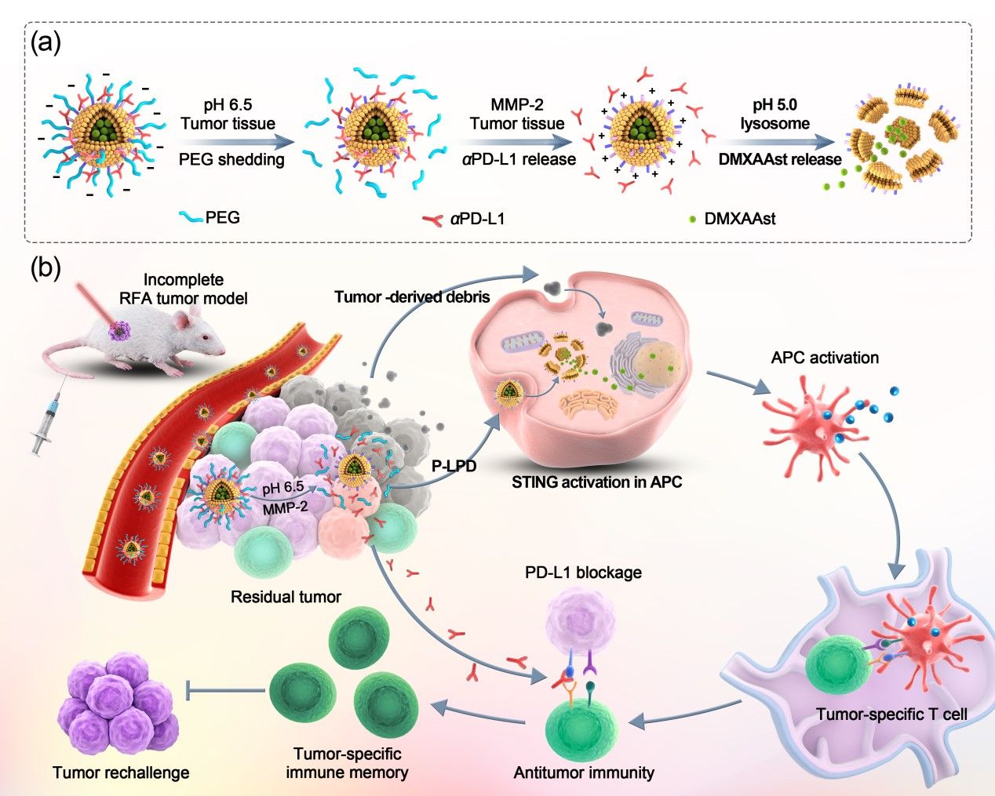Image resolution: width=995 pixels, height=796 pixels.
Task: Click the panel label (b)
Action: (x=45, y=268)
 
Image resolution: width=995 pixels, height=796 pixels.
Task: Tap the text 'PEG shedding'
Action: (x=231, y=159)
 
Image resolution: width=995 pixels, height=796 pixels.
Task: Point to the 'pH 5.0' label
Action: (x=774, y=105)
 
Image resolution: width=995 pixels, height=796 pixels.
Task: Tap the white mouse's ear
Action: (x=182, y=318)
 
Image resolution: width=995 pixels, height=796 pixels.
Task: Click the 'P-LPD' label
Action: (x=454, y=465)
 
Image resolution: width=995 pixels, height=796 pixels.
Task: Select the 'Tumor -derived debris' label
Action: (x=412, y=297)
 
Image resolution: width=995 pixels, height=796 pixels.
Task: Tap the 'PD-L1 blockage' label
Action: (x=583, y=572)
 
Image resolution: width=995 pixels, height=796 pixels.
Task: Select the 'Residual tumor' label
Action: (x=286, y=597)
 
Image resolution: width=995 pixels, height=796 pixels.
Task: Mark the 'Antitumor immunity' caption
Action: (x=584, y=772)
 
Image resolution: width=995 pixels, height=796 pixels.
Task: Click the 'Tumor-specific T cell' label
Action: (x=891, y=714)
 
